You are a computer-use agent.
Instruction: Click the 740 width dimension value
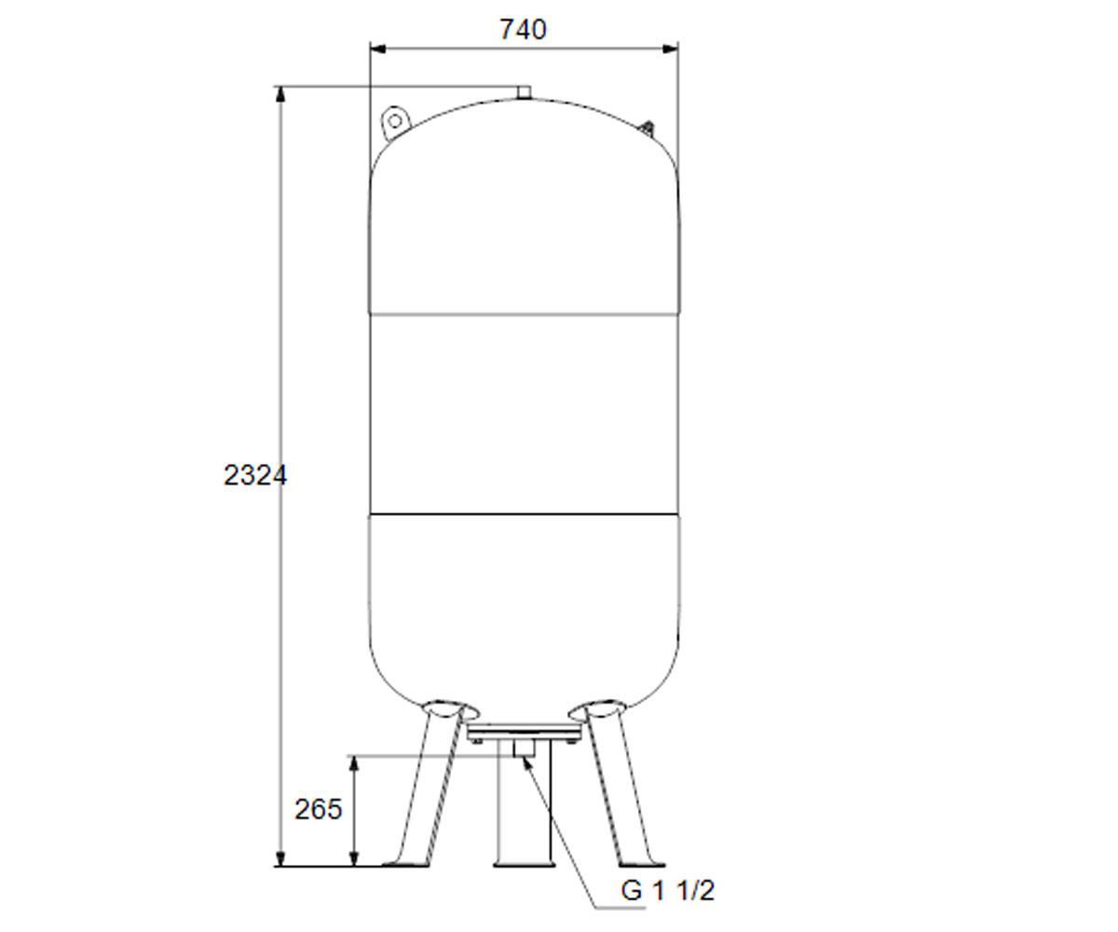[523, 30]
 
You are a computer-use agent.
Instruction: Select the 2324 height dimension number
[255, 475]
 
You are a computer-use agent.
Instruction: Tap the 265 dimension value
[318, 809]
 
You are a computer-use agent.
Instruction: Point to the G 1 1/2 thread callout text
[668, 891]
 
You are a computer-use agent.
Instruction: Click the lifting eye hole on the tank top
[395, 121]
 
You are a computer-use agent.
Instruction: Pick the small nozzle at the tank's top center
[525, 92]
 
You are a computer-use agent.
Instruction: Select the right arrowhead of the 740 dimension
[671, 49]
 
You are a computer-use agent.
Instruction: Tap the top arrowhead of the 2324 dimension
[280, 94]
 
